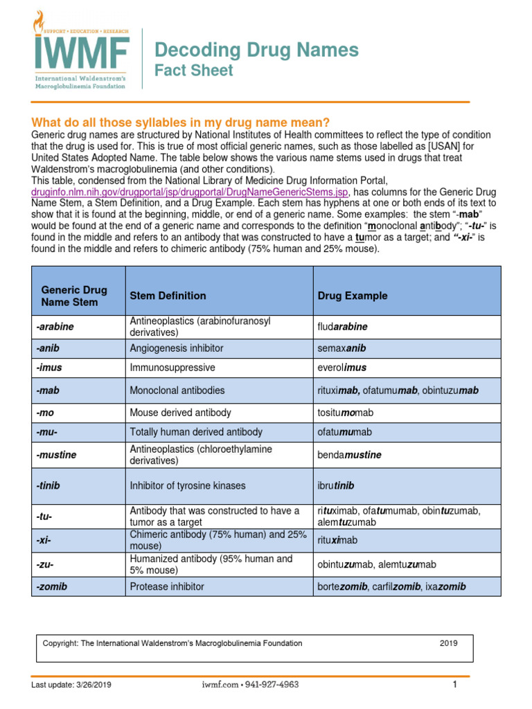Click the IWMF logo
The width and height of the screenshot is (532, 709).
81,50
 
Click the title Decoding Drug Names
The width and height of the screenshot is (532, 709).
256,50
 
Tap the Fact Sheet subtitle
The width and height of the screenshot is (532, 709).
193,71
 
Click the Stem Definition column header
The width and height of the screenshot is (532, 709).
168,296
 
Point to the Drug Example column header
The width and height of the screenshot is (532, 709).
353,296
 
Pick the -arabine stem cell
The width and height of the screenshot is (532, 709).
55,327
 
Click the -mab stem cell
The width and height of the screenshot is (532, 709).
48,391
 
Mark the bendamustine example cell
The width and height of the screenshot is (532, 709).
349,455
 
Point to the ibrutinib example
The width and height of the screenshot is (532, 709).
336,485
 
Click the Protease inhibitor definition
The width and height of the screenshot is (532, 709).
167,586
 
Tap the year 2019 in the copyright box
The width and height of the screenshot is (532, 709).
448,643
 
